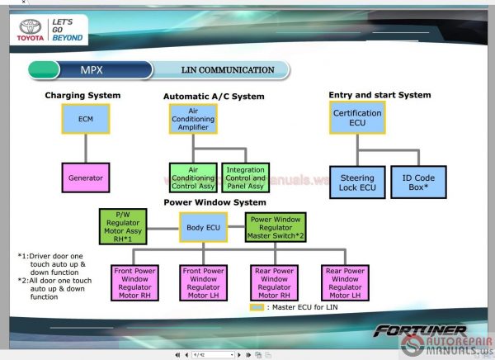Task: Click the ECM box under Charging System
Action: [x=85, y=119]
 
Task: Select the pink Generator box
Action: [x=85, y=178]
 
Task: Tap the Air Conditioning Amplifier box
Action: [x=193, y=119]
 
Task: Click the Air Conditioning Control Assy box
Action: [x=193, y=178]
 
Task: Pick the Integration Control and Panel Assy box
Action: [x=245, y=178]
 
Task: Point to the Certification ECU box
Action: [x=357, y=118]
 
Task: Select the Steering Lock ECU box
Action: [x=357, y=182]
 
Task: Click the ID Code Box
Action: [x=418, y=182]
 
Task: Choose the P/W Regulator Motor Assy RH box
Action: [x=123, y=226]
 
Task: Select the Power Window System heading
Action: [x=214, y=202]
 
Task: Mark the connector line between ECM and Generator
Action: [x=85, y=149]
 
